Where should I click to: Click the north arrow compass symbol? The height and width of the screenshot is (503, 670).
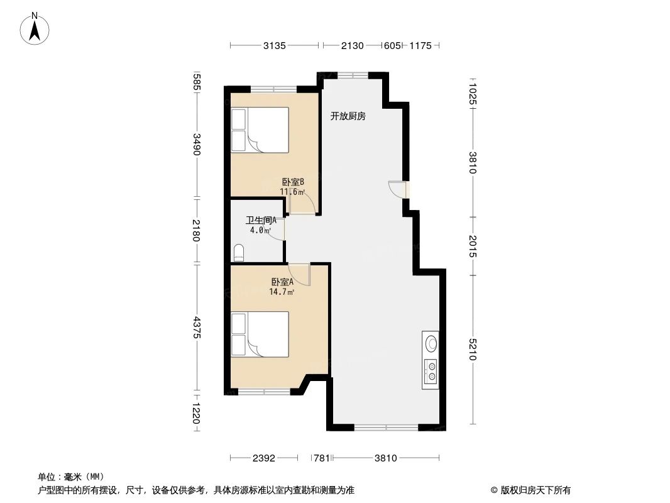[x=35, y=28]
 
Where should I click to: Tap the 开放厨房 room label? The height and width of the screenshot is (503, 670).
[x=348, y=116]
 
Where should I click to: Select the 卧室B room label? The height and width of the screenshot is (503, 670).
[x=293, y=182]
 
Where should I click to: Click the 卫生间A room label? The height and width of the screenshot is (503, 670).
[x=261, y=221]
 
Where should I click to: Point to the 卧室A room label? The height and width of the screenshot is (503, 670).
[x=282, y=282]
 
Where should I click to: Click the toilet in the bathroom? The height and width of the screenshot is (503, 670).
[x=238, y=253]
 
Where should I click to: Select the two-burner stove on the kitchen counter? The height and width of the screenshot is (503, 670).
[x=431, y=371]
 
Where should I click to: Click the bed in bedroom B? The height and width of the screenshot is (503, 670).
[x=260, y=130]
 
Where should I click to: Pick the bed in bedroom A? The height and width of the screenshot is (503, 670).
[x=260, y=334]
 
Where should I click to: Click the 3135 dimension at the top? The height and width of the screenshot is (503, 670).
[x=275, y=46]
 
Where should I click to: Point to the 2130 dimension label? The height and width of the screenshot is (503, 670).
[x=352, y=46]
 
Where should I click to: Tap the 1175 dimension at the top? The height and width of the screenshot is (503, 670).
[x=420, y=46]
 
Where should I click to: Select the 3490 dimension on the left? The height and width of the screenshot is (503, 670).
[x=197, y=145]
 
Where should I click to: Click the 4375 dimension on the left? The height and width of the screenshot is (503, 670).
[x=197, y=328]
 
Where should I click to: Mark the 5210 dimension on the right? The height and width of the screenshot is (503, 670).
[x=473, y=350]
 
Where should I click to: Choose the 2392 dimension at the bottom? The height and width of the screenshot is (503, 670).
[x=264, y=458]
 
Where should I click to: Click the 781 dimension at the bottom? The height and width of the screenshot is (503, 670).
[x=322, y=458]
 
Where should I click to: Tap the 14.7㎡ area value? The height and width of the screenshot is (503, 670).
[x=282, y=292]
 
